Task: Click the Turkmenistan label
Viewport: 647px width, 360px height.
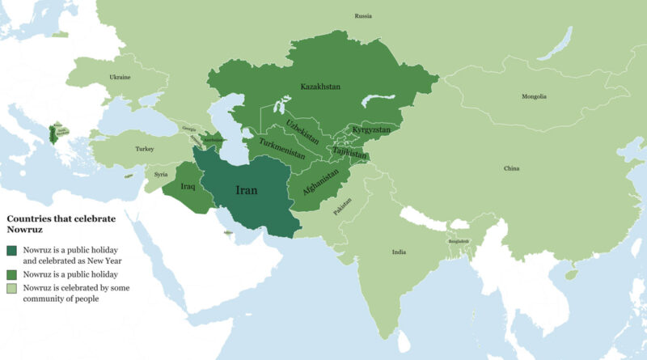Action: tap(282, 151)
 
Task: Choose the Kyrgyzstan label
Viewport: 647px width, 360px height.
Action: tap(371, 129)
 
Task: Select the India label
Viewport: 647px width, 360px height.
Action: tap(399, 252)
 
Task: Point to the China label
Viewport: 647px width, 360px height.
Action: tap(511, 169)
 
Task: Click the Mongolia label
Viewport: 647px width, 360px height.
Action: tap(534, 97)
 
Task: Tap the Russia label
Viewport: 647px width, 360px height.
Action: tap(363, 16)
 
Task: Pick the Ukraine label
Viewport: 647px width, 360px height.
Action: tap(121, 78)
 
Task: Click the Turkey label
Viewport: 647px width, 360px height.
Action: tap(145, 149)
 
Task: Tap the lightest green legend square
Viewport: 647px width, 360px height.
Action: tap(12, 289)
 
